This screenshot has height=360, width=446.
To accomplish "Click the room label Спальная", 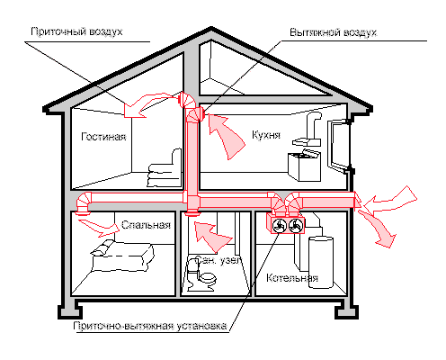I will [145, 225].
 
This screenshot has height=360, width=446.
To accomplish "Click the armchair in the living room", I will [164, 163].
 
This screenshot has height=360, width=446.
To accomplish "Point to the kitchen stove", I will [303, 164].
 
